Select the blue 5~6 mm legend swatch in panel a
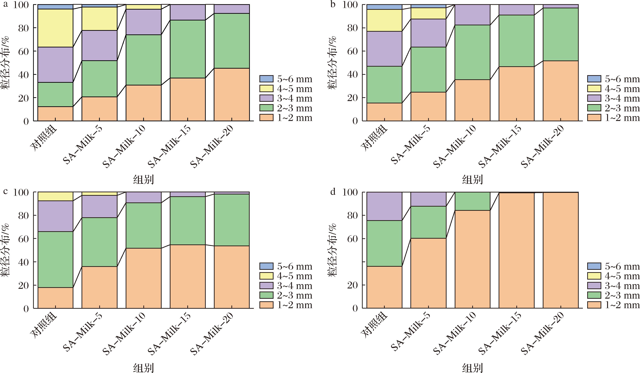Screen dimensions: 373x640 tap(266, 79)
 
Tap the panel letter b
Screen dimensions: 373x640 tap(333, 5)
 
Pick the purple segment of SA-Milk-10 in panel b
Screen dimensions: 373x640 tap(472, 15)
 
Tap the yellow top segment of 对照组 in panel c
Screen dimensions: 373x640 tap(55, 196)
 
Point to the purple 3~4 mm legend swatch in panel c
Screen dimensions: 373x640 tap(266, 286)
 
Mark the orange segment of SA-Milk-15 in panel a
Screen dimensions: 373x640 tap(187, 99)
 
